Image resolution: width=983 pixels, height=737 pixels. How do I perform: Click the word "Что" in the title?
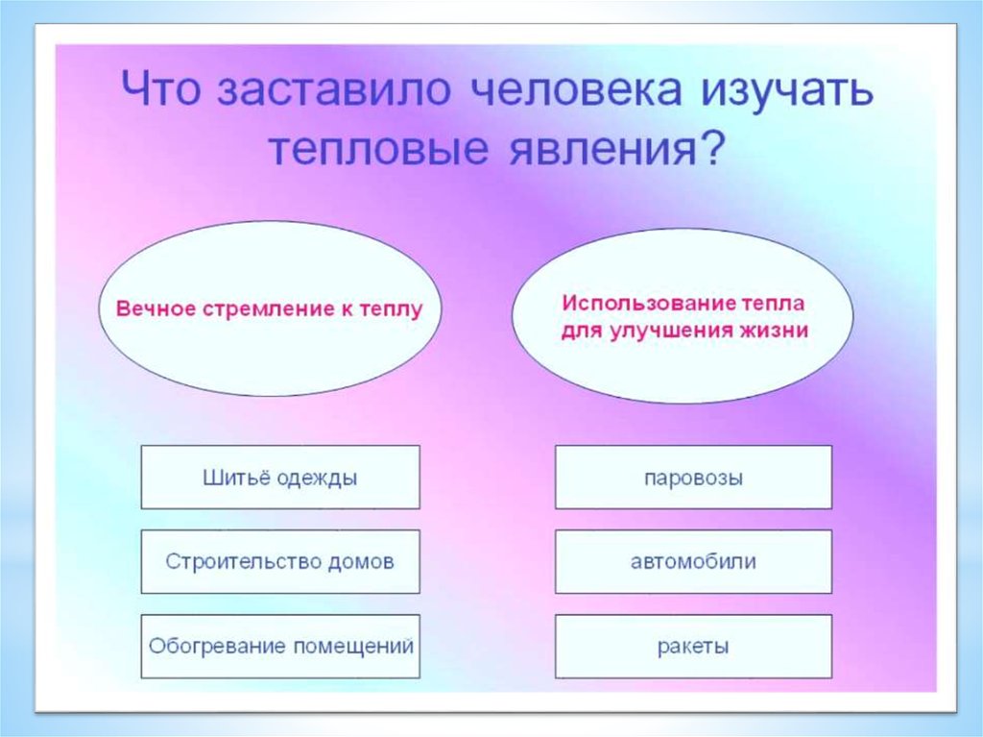pyautogui.click(x=160, y=86)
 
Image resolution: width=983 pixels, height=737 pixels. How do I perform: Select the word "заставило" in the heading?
pyautogui.click(x=334, y=88)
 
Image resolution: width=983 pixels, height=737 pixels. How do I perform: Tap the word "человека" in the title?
pyautogui.click(x=576, y=88)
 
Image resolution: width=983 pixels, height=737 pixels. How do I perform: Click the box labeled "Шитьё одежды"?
pyautogui.click(x=280, y=478)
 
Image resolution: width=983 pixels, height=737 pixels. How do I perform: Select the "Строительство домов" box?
pyautogui.click(x=280, y=561)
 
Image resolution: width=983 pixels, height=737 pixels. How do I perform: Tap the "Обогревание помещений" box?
pyautogui.click(x=280, y=646)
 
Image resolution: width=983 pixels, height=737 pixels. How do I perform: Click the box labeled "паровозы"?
pyautogui.click(x=693, y=478)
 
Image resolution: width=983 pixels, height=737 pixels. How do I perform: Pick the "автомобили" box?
pyautogui.click(x=693, y=561)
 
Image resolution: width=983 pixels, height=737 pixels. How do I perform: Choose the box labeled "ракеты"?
pyautogui.click(x=693, y=646)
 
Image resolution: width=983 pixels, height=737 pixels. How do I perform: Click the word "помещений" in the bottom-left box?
pyautogui.click(x=353, y=647)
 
